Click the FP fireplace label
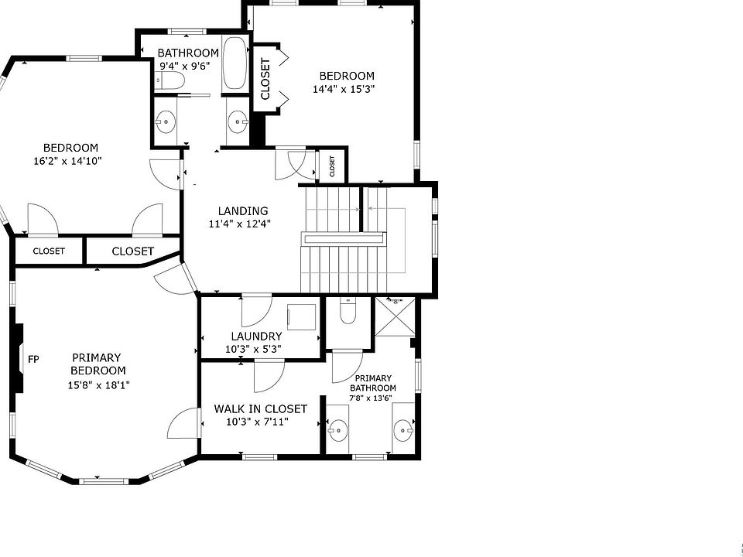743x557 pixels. tap(33, 360)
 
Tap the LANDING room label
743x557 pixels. tap(243, 211)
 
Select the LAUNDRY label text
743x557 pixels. tap(256, 337)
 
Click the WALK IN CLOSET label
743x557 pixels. tap(261, 408)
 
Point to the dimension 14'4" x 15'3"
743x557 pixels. tap(344, 89)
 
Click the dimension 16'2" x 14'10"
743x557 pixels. tap(68, 161)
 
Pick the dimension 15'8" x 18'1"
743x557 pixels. tap(98, 385)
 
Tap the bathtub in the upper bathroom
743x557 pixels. tap(235, 63)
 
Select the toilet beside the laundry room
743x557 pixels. tap(348, 311)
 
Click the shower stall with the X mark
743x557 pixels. tap(395, 317)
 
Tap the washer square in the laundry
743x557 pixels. tap(301, 317)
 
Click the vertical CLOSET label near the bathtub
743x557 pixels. tap(265, 79)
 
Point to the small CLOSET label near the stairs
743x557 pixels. tap(332, 166)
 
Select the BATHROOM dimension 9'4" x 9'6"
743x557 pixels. tap(185, 66)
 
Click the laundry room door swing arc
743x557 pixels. tap(256, 311)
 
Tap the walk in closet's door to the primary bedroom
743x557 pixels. tap(185, 423)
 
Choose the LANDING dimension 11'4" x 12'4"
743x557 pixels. tap(240, 224)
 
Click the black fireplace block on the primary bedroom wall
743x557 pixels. tap(18, 358)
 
